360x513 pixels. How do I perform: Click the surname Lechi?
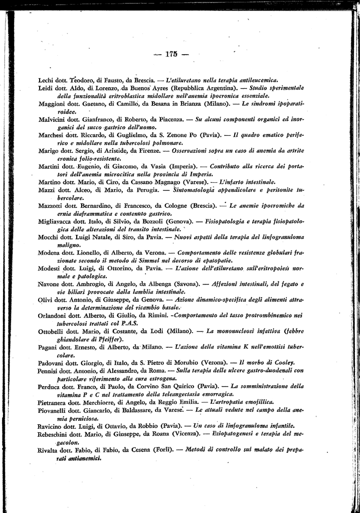[x=47, y=80]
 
